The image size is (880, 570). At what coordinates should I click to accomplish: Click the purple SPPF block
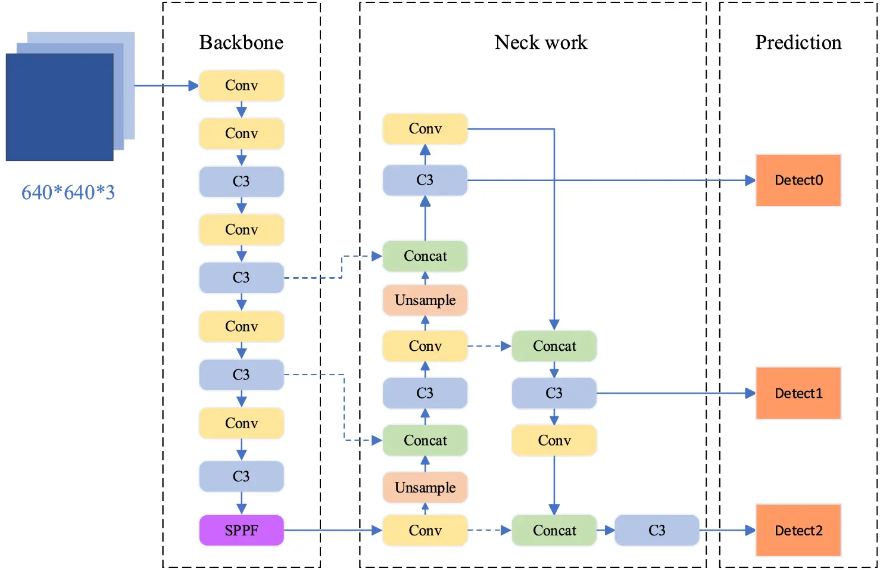click(241, 530)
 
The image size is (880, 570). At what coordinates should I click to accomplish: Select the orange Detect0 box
click(798, 180)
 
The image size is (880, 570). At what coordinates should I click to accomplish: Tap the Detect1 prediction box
click(798, 393)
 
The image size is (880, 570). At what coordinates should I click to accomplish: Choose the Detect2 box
click(798, 530)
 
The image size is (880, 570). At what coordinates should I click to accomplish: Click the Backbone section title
click(241, 42)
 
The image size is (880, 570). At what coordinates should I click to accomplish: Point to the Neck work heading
click(541, 42)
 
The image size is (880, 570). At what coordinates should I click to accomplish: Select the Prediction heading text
click(798, 42)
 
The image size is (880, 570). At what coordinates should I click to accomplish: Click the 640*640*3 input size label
click(68, 192)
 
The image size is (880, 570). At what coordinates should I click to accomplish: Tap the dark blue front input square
click(60, 107)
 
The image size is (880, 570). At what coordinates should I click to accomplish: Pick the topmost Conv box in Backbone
click(241, 85)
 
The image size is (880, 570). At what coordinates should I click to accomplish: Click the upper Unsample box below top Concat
click(425, 300)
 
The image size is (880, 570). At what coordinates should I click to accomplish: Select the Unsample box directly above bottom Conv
click(425, 488)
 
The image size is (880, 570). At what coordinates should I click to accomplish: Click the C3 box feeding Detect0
click(425, 180)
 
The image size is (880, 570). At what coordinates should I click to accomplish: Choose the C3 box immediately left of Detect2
click(656, 530)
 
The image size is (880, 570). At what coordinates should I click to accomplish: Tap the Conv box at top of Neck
click(425, 129)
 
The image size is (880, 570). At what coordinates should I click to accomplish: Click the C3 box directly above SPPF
click(241, 476)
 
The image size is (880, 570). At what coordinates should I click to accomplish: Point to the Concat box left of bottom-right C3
click(554, 530)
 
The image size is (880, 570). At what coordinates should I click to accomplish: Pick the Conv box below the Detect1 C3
click(554, 441)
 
